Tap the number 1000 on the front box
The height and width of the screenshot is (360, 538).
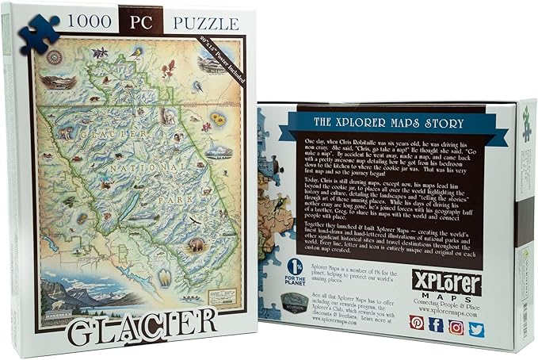(82, 21)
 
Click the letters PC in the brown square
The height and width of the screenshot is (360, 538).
(140, 21)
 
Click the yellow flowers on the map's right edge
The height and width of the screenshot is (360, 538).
(216, 120)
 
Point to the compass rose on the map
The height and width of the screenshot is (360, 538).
(55, 57)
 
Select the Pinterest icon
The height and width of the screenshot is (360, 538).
(417, 324)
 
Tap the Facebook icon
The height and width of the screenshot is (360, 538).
(437, 324)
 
